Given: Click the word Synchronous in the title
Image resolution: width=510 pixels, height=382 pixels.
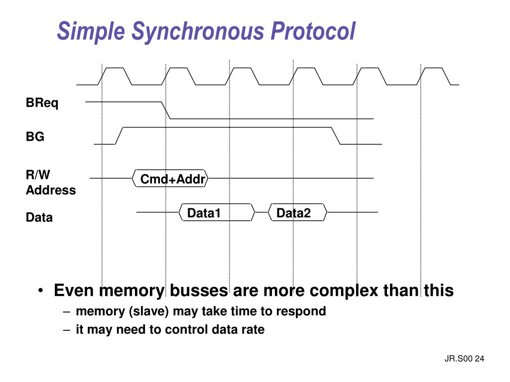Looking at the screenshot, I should (x=197, y=31).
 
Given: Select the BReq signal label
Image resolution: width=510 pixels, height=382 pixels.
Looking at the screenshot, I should (x=42, y=103).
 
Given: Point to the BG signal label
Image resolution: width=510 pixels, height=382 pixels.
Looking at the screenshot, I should (x=35, y=137).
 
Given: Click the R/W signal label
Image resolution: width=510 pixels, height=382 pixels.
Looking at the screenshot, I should (x=38, y=175).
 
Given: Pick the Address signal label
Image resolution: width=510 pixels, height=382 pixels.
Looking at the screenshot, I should (x=51, y=190).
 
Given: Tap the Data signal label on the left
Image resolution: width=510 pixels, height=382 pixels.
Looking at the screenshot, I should (x=39, y=217).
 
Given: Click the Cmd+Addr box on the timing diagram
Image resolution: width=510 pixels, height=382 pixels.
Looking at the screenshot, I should (x=172, y=179).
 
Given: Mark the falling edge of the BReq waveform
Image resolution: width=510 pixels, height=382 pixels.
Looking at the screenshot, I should (x=166, y=110).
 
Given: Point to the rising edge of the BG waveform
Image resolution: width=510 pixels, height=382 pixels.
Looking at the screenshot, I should (x=119, y=136).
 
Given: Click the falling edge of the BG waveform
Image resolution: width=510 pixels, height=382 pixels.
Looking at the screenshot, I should (x=336, y=136).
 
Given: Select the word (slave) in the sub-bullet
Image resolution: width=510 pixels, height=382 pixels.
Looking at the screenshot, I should (x=149, y=311).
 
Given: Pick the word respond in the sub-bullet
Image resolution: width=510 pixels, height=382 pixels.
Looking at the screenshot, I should (x=301, y=311).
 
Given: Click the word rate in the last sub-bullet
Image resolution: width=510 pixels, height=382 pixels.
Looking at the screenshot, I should (x=254, y=329).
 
